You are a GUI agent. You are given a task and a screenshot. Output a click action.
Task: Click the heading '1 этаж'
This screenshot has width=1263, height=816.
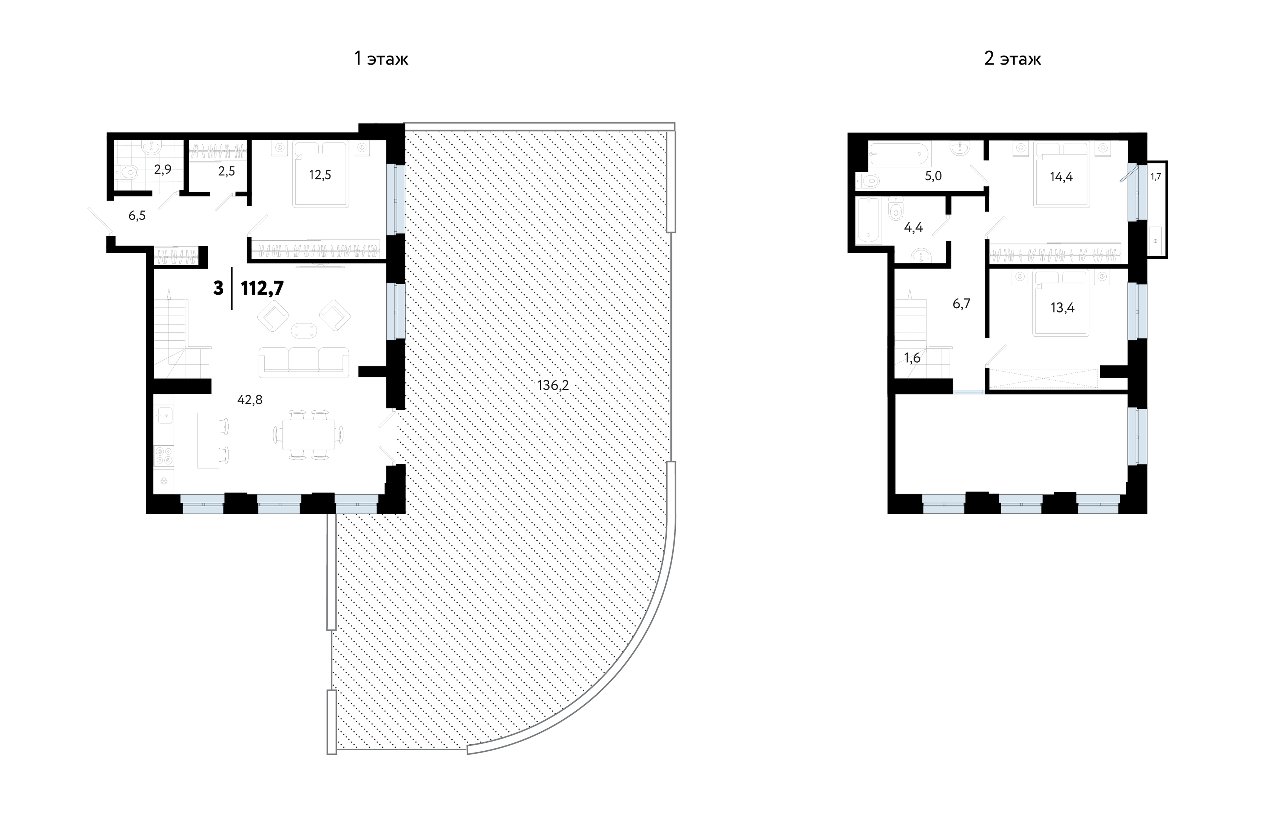coord(381,59)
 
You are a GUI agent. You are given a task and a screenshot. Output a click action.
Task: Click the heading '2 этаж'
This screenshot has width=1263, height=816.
coord(1012,59)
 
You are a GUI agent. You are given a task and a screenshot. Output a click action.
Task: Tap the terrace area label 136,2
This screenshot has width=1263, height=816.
coord(553,385)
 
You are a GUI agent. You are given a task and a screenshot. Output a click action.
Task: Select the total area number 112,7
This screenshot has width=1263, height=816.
coord(262,288)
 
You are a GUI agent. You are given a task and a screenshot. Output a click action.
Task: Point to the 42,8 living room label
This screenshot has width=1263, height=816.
coord(250,400)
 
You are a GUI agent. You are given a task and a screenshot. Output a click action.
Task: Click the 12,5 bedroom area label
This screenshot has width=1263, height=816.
coord(320,175)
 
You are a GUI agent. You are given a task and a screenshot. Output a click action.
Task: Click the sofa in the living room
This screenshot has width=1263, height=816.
coord(304,362)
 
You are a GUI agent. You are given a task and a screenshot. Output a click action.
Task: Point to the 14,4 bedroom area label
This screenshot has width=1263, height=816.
coord(1061,177)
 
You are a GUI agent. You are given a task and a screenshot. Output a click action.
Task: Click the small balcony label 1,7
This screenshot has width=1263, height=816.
coord(1155,177)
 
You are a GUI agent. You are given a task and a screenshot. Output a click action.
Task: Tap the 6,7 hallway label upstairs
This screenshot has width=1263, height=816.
coord(962,304)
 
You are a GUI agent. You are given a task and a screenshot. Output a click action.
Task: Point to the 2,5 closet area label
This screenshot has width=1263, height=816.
coord(226,171)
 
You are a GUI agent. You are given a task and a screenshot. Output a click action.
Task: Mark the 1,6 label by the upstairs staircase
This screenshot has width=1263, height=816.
coord(912,358)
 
